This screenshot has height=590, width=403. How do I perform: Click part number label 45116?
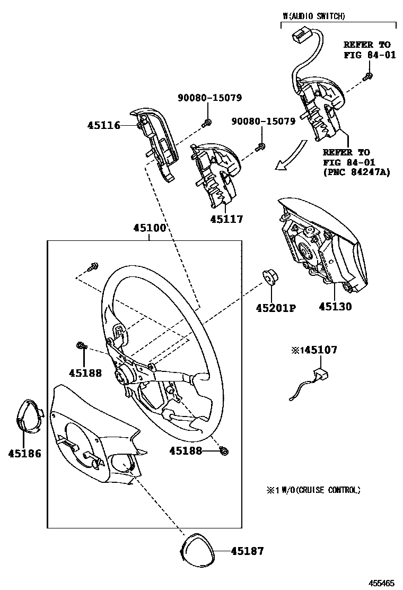click(103, 126)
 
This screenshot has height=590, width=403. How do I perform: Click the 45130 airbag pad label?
click(335, 306)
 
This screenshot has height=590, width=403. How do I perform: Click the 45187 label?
click(247, 551)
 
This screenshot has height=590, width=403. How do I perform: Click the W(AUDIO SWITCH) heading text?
click(314, 16)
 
